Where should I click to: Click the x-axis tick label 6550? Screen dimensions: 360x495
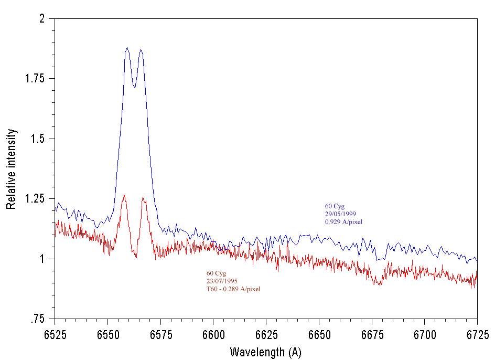[107, 334]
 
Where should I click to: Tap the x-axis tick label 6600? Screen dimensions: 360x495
[213, 334]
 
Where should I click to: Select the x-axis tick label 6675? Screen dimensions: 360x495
[372, 334]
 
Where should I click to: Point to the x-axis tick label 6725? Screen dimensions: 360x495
[477, 334]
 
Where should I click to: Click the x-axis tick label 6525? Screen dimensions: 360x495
[55, 334]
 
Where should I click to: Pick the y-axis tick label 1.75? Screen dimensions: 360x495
[36, 79]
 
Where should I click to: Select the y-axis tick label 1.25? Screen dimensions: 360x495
[36, 199]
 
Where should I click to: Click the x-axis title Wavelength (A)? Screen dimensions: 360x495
[265, 352]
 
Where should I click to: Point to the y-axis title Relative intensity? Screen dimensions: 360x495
[11, 168]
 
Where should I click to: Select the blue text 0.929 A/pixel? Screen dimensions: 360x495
[343, 222]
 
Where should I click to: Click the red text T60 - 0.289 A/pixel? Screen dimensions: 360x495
[233, 289]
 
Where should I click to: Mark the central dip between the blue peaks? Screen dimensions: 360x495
[134, 87]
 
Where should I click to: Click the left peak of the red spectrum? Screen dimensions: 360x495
[124, 195]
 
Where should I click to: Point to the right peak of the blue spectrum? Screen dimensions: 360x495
[141, 50]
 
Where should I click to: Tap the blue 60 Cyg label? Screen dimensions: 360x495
[335, 206]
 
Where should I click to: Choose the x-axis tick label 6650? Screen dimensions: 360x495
[319, 334]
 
